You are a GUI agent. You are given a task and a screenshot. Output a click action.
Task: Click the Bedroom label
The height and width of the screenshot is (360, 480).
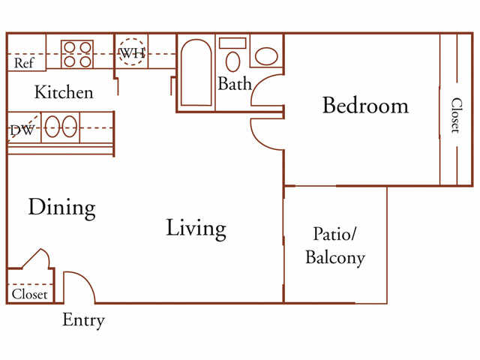tap(365, 106)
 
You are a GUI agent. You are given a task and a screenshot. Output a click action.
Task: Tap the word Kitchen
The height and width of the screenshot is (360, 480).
tap(64, 93)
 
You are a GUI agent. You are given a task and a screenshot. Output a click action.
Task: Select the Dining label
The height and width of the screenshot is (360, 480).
tap(62, 207)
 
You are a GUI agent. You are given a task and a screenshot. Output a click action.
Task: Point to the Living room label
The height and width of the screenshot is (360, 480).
tap(196, 227)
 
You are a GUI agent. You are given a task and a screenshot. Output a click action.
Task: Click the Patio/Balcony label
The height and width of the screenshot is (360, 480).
tap(334, 247)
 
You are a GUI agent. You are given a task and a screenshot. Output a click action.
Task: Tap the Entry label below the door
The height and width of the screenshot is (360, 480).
tap(83, 321)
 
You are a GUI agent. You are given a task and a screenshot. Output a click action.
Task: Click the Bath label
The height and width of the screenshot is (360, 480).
tap(234, 84)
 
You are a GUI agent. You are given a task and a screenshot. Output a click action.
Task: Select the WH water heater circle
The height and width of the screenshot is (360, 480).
tap(132, 53)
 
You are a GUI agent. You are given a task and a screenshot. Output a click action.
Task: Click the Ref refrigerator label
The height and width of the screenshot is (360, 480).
tap(23, 63)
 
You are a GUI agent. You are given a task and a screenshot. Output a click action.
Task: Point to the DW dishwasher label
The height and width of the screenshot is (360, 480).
tap(21, 130)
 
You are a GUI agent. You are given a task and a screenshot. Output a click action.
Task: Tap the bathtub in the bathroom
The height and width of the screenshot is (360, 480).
tap(196, 73)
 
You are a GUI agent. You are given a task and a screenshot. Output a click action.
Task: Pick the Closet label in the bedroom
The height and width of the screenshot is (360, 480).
tap(455, 115)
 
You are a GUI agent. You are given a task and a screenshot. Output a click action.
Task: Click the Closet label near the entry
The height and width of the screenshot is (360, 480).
tap(30, 295)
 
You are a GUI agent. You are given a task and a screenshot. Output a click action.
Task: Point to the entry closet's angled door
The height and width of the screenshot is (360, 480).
tap(36, 259)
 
